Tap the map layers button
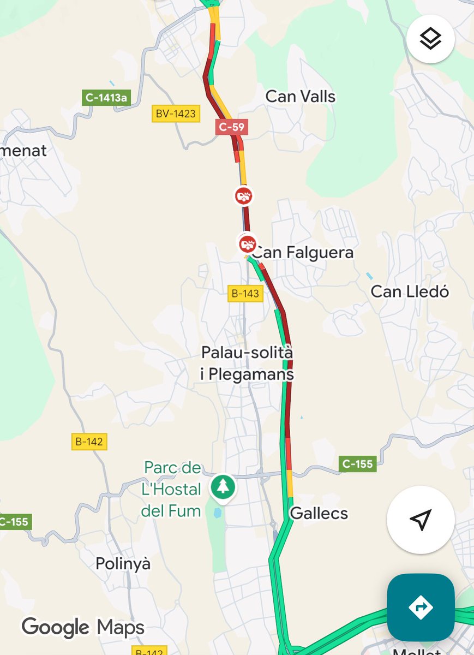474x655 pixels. pos(430,39)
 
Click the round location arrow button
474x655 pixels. pos(421,520)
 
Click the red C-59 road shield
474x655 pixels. pos(231,127)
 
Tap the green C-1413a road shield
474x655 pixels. pos(107,98)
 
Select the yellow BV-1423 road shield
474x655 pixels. pos(176,114)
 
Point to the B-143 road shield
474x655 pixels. pos(245,294)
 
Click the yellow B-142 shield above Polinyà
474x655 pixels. pos(88,442)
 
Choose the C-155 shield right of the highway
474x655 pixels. pos(357,464)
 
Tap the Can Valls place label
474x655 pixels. pos(301,97)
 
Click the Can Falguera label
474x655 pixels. pos(303,253)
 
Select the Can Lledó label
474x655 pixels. pos(410,291)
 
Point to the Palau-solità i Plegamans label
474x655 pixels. pos(247,364)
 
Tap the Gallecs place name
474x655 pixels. pos(319,513)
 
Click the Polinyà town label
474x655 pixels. pos(123,563)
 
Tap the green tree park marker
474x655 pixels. pos(223,485)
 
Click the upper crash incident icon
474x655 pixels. pos(243,195)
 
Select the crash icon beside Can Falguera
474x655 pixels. pos(247,243)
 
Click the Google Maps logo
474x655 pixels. pos(83,627)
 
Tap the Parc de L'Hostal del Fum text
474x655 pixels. pos(171,489)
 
